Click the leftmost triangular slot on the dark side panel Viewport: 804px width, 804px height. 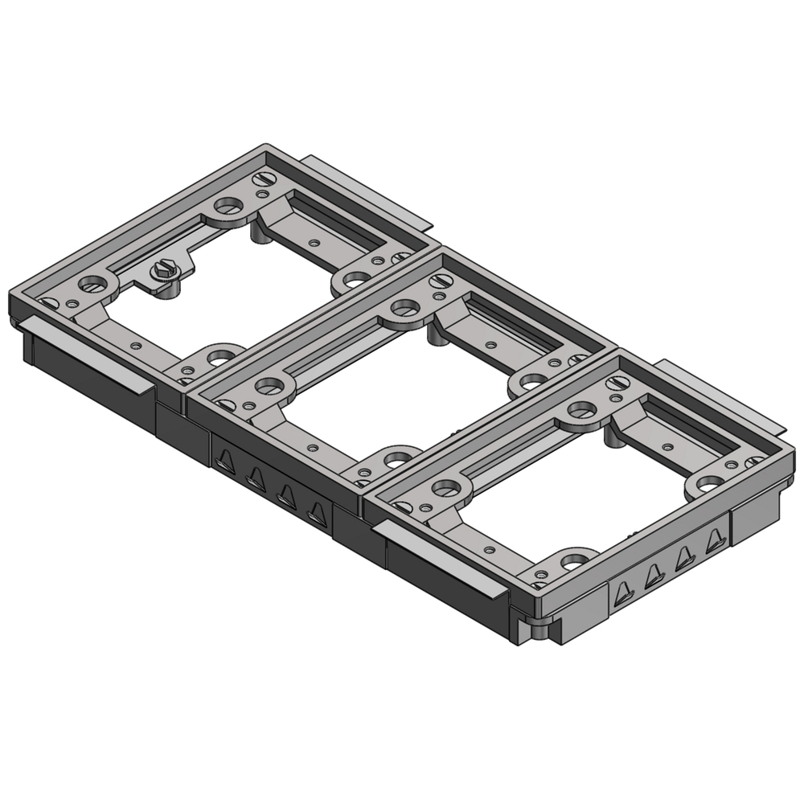[x=224, y=460]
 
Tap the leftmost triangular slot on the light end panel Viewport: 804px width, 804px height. [x=622, y=594]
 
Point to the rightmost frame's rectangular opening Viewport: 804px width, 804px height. [x=579, y=498]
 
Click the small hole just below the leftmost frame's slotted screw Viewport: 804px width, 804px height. [x=263, y=193]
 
